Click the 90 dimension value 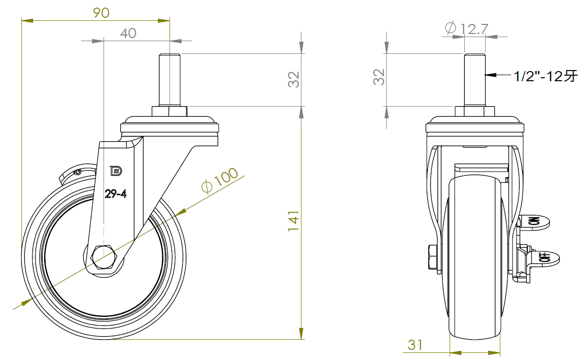[101, 13]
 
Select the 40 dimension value [128, 34]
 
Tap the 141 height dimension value [293, 221]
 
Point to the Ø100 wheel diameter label [220, 180]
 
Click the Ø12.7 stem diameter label [466, 28]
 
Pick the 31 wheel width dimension [415, 345]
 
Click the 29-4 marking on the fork [115, 193]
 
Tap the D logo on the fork [116, 171]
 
